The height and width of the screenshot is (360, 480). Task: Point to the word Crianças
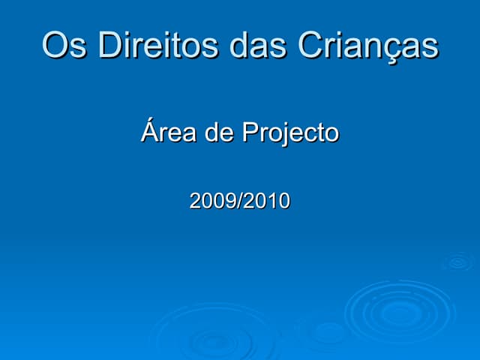point(367,46)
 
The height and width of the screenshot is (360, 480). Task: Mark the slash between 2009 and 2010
point(240,201)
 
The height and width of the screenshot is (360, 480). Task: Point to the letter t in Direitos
point(175,46)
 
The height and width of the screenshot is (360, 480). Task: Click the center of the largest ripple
point(400,310)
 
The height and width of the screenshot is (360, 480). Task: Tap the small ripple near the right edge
point(457,262)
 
